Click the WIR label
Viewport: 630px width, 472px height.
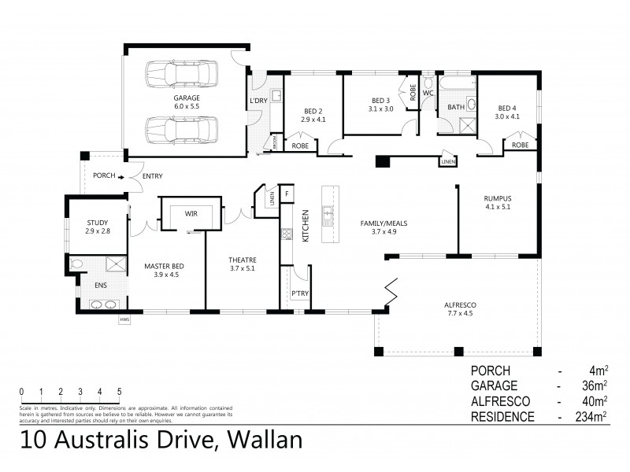click(x=191, y=213)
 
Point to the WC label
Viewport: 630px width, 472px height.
click(x=428, y=93)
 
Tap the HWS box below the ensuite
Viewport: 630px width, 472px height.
click(x=124, y=319)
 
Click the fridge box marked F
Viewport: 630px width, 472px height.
click(x=287, y=193)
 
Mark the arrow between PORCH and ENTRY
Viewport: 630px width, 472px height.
click(x=121, y=176)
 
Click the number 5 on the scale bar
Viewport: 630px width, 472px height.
click(x=120, y=391)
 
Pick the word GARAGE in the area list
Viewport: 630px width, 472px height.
click(x=494, y=385)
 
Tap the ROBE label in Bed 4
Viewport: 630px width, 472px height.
click(x=520, y=146)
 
